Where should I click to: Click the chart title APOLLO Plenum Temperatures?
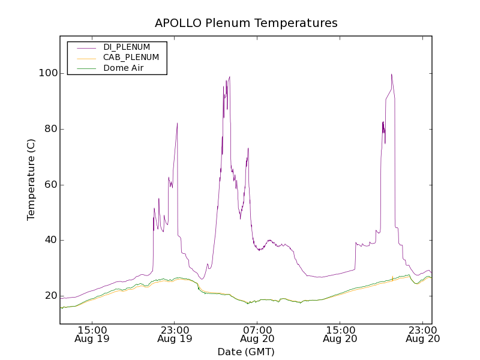(x=246, y=23)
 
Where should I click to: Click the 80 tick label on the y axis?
(x=50, y=129)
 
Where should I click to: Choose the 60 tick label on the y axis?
(x=50, y=185)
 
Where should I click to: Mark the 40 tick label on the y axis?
(x=50, y=240)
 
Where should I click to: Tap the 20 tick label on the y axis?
(x=50, y=296)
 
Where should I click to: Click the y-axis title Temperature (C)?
(x=31, y=179)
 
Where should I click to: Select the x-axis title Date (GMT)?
(x=246, y=352)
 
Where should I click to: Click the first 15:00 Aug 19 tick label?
(x=92, y=334)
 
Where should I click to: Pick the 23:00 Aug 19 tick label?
(x=175, y=334)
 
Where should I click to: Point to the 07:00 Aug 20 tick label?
(x=257, y=334)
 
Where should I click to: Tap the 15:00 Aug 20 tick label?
(x=340, y=334)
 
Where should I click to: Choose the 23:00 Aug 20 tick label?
(x=423, y=334)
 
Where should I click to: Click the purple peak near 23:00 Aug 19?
(x=177, y=124)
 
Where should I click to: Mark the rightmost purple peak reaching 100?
(x=391, y=74)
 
